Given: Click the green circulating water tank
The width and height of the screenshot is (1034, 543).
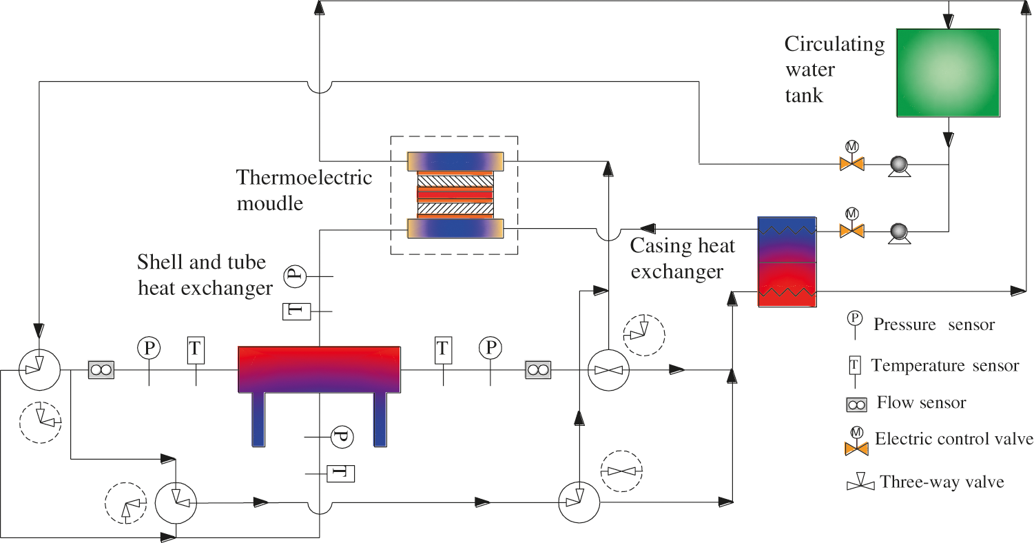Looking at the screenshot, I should click(x=948, y=72).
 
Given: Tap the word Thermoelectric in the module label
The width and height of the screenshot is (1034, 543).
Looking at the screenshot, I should click(x=304, y=177).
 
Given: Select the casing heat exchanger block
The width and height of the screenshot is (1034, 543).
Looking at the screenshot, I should click(x=787, y=262).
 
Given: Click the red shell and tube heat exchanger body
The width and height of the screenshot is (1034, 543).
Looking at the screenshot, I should click(x=319, y=369).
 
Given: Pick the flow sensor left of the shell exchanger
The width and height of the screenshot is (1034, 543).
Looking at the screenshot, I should click(x=101, y=370).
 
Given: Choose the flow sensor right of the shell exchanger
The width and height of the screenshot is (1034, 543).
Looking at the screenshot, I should click(x=536, y=370).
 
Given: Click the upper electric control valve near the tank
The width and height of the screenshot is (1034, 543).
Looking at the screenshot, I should click(x=851, y=164).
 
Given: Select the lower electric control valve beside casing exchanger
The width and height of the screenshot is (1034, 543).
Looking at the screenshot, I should click(x=851, y=231).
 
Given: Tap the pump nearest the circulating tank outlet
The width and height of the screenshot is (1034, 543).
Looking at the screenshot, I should click(x=898, y=165).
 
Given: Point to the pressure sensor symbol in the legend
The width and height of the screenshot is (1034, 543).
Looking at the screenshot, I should click(x=854, y=318).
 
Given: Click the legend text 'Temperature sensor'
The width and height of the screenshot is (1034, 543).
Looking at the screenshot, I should click(x=944, y=365).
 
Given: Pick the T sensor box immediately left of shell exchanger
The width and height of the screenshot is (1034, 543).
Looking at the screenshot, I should click(x=196, y=350).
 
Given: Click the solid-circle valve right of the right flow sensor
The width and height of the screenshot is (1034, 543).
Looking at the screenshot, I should click(x=608, y=370).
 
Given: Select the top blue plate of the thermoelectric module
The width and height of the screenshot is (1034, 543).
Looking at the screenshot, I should click(x=455, y=161).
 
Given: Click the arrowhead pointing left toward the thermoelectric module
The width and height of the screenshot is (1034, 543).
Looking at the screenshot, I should click(x=647, y=227).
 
